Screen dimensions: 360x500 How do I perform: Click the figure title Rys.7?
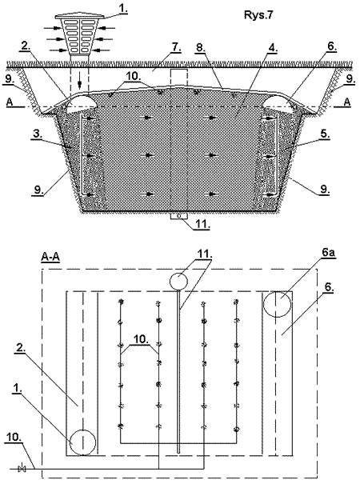pyautogui.click(x=258, y=15)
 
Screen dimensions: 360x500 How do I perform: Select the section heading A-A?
pyautogui.click(x=50, y=257)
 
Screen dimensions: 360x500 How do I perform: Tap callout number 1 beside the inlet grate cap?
pyautogui.click(x=123, y=10)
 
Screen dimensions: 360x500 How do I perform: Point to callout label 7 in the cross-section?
pyautogui.click(x=176, y=47)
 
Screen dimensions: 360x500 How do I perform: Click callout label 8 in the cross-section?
pyautogui.click(x=200, y=47)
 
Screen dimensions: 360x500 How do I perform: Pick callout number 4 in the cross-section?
pyautogui.click(x=273, y=47)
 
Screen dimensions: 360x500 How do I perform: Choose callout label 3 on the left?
pyautogui.click(x=38, y=134)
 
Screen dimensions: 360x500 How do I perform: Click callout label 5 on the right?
pyautogui.click(x=325, y=134)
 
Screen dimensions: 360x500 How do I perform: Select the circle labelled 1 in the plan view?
pyautogui.click(x=82, y=442)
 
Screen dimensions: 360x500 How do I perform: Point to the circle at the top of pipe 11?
pyautogui.click(x=178, y=281)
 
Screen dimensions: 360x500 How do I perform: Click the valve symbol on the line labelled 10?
pyautogui.click(x=22, y=469)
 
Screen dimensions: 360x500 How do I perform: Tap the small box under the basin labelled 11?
pyautogui.click(x=178, y=216)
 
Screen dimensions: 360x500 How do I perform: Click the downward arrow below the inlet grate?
pyautogui.click(x=80, y=84)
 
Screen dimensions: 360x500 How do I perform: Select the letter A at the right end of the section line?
pyautogui.click(x=347, y=102)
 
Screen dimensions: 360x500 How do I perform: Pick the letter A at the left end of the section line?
pyautogui.click(x=10, y=102)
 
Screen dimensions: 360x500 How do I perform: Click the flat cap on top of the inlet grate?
pyautogui.click(x=79, y=16)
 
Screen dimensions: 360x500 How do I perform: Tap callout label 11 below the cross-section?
pyautogui.click(x=202, y=224)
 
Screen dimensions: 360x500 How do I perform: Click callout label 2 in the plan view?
pyautogui.click(x=21, y=349)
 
